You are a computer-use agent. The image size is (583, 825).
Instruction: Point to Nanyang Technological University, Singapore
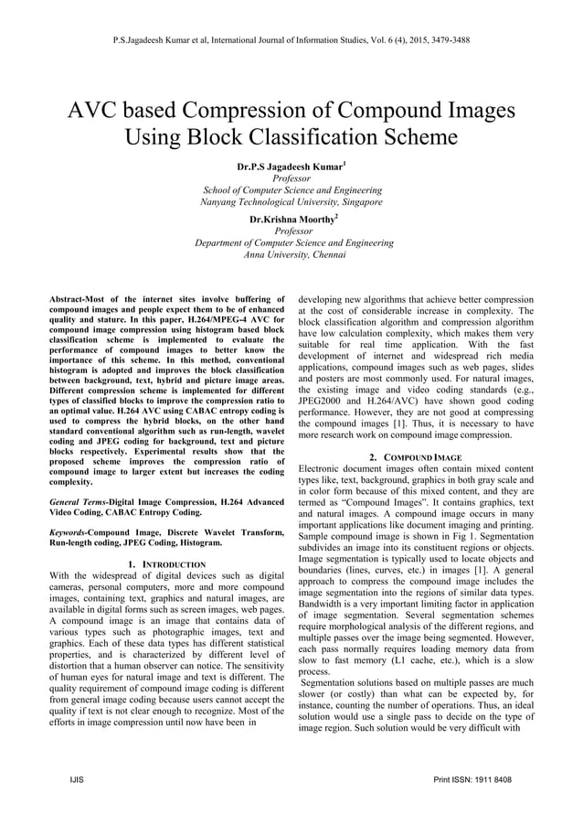click(x=291, y=202)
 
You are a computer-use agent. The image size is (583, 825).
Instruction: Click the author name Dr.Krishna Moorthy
click(x=290, y=220)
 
